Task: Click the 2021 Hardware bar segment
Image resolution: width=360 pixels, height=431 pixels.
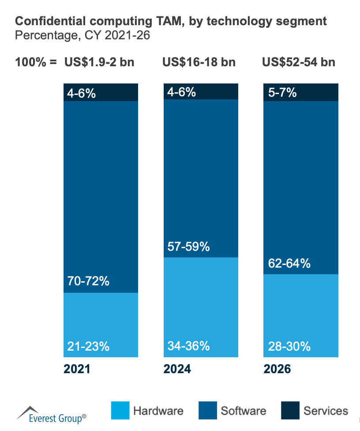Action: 101,325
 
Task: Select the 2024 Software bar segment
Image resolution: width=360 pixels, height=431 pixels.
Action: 201,177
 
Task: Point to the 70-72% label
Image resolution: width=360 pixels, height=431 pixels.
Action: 88,280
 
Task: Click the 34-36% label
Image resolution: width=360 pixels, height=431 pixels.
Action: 188,346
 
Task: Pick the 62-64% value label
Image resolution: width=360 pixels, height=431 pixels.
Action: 289,264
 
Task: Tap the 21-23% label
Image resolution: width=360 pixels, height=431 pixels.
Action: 88,346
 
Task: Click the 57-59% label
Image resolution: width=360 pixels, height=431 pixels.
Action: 188,246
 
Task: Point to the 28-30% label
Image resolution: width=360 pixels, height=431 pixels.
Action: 289,346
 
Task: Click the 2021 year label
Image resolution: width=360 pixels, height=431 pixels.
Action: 77,369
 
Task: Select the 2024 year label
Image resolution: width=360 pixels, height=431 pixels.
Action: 177,369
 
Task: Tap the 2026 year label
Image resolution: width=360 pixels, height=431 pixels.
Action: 277,369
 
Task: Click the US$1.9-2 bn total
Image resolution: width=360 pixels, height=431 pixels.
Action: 99,62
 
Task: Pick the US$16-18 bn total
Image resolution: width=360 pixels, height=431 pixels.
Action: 199,62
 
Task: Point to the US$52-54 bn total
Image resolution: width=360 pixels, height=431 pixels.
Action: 299,62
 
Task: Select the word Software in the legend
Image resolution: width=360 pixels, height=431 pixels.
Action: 244,411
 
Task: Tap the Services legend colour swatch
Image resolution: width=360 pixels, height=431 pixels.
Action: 290,411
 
